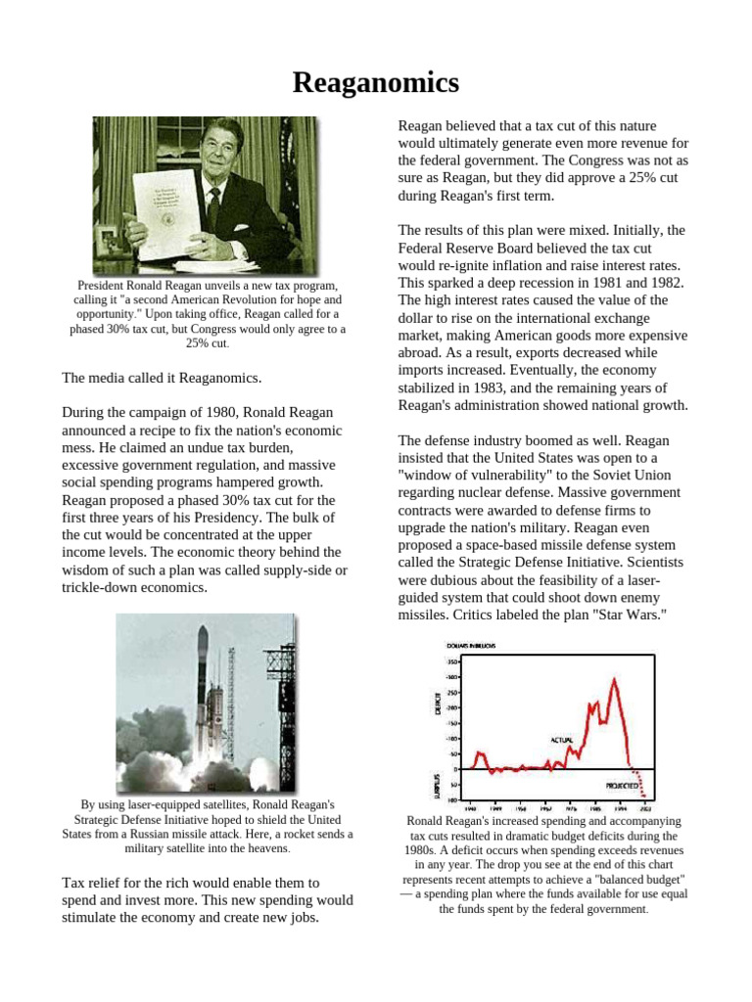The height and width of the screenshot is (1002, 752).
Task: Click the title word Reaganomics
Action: (376, 83)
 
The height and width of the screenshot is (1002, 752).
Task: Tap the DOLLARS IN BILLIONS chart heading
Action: (471, 646)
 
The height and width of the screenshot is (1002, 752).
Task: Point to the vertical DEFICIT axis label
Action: (438, 703)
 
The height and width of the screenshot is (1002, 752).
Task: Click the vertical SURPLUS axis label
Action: (438, 783)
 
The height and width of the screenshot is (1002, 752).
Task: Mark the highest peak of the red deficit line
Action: (614, 678)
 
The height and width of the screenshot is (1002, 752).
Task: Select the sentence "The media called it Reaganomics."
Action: (162, 378)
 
